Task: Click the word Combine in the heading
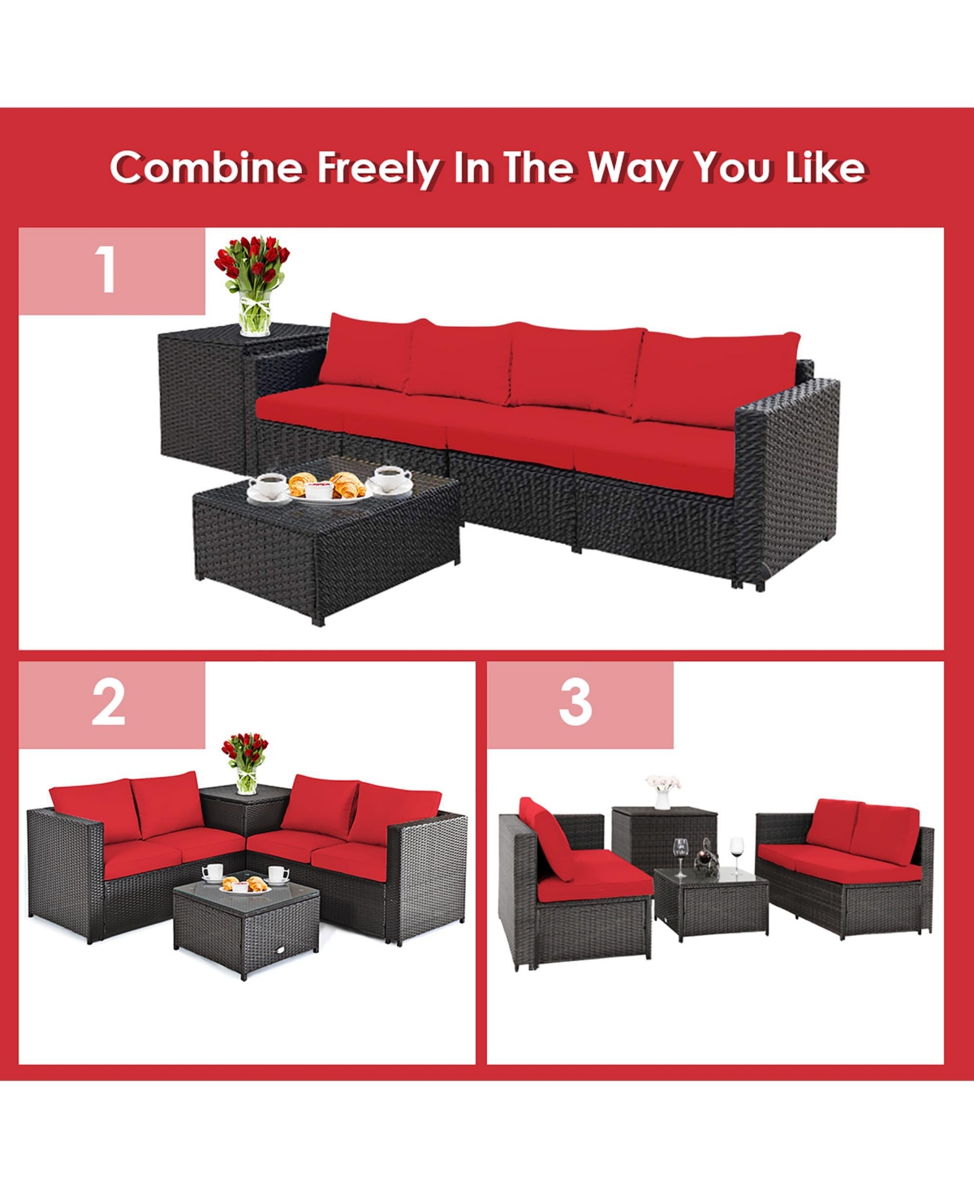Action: point(206,167)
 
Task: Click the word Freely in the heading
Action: point(378,169)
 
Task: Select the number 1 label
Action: point(106,270)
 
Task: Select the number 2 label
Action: point(109,703)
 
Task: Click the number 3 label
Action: point(575,703)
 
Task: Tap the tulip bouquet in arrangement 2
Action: point(245,761)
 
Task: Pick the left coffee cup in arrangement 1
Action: point(269,487)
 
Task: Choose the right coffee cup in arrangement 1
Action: point(392,479)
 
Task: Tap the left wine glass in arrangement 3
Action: point(679,856)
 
